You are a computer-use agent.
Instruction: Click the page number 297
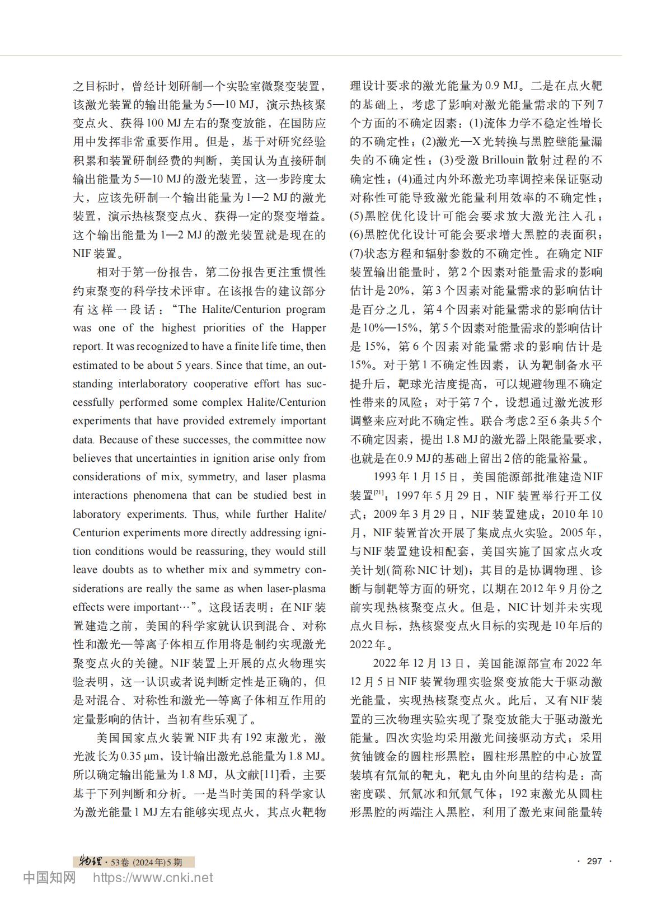(594, 861)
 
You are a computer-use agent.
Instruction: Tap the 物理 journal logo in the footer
(88, 861)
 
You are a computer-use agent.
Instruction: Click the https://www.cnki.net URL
(153, 878)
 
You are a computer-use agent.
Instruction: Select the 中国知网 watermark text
(49, 878)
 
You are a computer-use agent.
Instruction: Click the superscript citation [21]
(378, 493)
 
